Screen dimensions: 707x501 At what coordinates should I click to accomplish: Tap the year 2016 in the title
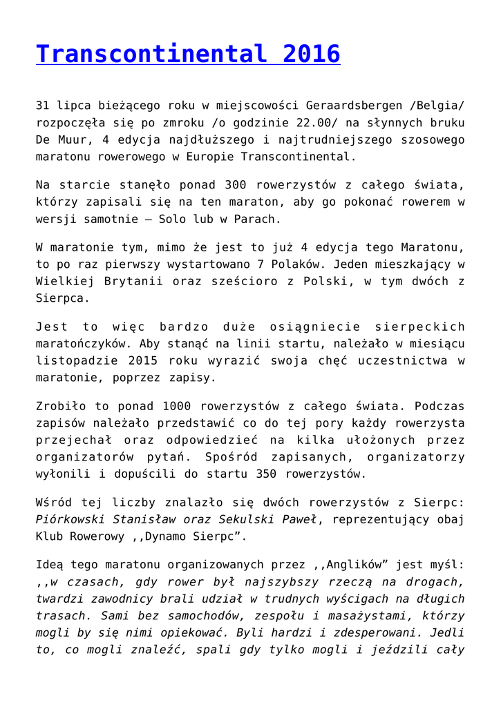[x=310, y=54]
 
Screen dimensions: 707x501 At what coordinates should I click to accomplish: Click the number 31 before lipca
[x=43, y=106]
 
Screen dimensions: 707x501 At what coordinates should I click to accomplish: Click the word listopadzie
[x=75, y=360]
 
